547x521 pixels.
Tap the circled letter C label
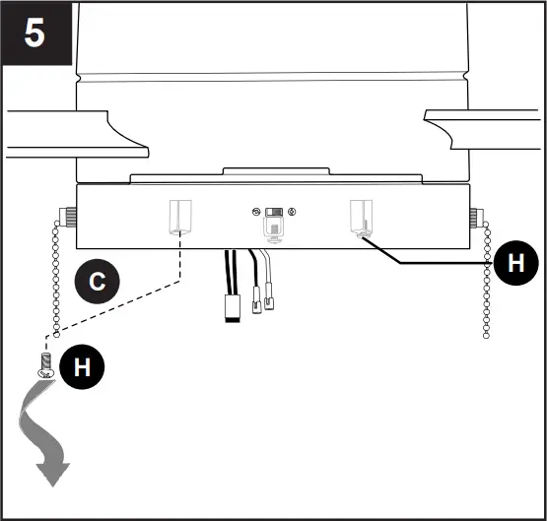pos(96,282)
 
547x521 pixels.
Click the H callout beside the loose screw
pos(82,366)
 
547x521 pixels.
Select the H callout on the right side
pos(513,264)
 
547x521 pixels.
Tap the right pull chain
pos(486,281)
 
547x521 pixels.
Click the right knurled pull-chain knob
pos(477,216)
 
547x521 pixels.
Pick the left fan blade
pos(74,132)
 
